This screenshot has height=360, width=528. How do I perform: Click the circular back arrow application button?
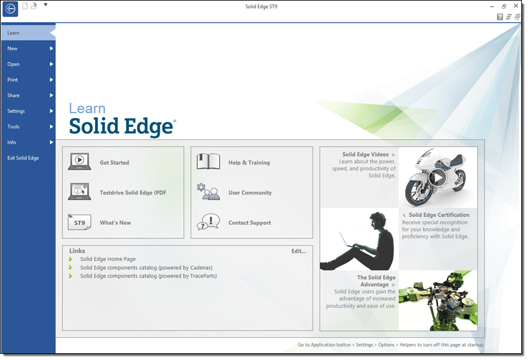(10, 9)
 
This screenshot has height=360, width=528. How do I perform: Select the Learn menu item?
(14, 33)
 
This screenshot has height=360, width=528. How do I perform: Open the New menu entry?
(12, 49)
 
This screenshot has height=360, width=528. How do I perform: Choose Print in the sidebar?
(12, 80)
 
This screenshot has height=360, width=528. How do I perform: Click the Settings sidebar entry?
(16, 111)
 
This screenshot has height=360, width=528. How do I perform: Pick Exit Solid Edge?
(23, 158)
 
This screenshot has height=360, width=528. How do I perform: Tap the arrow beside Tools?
(52, 127)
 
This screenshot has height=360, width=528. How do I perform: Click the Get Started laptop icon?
(79, 162)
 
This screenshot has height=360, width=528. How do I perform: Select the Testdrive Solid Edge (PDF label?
(133, 193)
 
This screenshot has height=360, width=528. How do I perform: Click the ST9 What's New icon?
(79, 222)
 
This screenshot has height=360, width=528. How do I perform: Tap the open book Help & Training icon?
(209, 162)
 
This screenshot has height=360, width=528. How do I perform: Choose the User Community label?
(250, 193)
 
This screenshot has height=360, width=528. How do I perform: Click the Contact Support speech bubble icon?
(209, 222)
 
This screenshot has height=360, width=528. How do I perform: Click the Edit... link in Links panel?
(298, 251)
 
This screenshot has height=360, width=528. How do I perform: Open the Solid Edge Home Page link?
(108, 259)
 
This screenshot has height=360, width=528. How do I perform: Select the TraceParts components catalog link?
(149, 276)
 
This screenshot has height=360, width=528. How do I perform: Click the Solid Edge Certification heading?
(439, 215)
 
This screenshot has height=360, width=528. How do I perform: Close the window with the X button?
(516, 6)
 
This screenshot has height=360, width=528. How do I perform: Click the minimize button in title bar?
(492, 6)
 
